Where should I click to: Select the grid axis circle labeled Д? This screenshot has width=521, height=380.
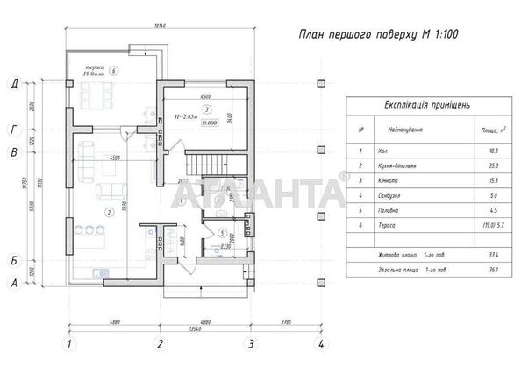pos(15,84)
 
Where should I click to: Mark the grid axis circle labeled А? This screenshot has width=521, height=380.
pos(15,283)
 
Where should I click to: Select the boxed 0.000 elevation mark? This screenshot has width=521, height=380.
pos(208,123)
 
